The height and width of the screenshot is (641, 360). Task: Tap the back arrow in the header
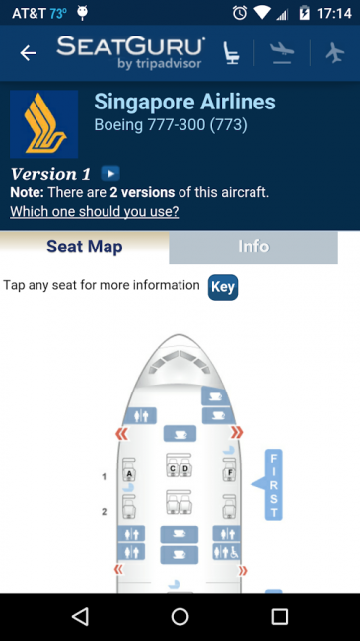(x=29, y=53)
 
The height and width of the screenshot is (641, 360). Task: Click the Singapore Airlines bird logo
(x=44, y=124)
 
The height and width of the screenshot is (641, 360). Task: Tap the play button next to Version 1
(x=110, y=174)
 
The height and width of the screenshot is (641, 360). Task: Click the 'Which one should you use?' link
(x=95, y=211)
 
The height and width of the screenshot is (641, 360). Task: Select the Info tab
(x=253, y=247)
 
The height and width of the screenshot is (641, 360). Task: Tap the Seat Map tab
(x=84, y=247)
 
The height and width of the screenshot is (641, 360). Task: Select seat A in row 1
(x=129, y=469)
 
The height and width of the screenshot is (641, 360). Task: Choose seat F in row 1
(x=230, y=469)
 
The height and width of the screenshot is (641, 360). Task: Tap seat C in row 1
(x=173, y=465)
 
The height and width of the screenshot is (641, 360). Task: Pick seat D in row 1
(x=185, y=465)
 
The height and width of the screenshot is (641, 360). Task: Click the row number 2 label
(x=104, y=511)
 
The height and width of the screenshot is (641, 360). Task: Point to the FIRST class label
(x=273, y=484)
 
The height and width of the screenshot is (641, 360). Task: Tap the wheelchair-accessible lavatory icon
(x=226, y=552)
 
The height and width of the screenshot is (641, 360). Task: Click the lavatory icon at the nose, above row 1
(x=140, y=416)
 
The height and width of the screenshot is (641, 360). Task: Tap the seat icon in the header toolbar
(x=231, y=53)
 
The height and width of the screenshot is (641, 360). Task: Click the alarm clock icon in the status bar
(x=240, y=13)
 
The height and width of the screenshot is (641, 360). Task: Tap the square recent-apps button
(x=280, y=616)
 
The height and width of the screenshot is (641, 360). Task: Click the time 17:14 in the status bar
(x=333, y=13)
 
